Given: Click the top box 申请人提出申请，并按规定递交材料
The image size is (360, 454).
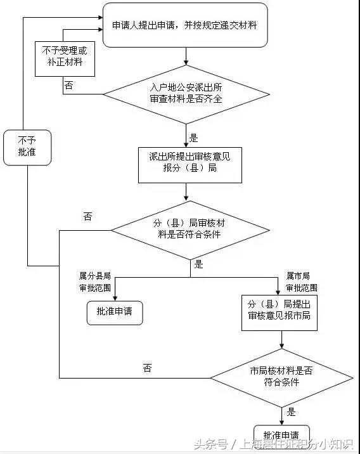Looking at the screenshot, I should point(184,25).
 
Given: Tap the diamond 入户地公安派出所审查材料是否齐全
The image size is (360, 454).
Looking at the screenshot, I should point(186,94).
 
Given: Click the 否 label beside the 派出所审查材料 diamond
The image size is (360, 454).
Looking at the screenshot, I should point(68,85).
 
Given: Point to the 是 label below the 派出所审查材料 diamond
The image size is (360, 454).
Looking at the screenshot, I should point(194,138).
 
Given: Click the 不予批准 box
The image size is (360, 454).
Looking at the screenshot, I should point(27,147).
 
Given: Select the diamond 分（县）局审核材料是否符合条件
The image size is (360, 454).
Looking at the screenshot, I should point(190,230).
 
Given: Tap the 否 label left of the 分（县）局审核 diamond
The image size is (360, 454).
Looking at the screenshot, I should point(87,216).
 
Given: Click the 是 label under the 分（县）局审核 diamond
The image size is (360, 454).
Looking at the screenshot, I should point(198,264).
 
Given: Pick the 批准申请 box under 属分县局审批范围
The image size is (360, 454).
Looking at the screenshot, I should point(115,312).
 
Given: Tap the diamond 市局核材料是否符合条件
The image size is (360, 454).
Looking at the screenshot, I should point(281,377).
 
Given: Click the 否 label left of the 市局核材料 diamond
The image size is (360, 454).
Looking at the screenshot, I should point(148,368).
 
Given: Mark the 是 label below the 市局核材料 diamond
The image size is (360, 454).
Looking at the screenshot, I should point(291,412).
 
